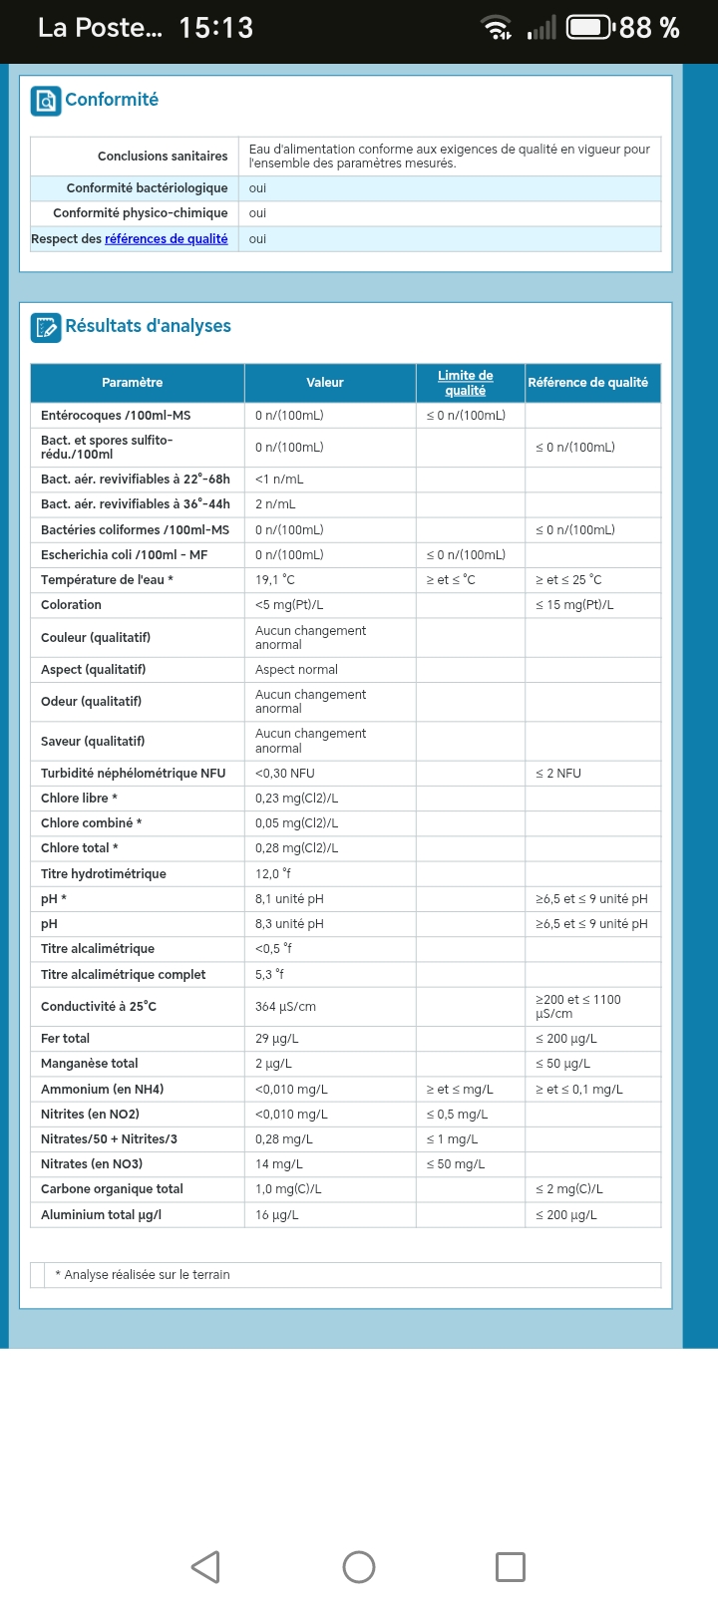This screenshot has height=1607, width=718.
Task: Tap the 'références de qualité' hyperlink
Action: [x=166, y=239]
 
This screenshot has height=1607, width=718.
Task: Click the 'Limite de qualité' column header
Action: [x=465, y=383]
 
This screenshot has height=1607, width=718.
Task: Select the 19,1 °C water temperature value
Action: [x=275, y=580]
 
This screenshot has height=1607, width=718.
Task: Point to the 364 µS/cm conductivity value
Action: [x=285, y=1007]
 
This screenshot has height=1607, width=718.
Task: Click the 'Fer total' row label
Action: [x=65, y=1039]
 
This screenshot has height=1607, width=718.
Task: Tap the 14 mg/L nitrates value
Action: [x=278, y=1164]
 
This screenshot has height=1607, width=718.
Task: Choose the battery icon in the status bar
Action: [x=589, y=28]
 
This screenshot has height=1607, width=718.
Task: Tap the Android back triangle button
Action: [x=205, y=1566]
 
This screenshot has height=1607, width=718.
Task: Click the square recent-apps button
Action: [x=511, y=1566]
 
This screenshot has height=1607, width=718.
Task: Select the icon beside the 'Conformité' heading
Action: [x=46, y=101]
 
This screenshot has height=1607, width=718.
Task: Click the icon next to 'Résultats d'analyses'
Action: [x=46, y=327]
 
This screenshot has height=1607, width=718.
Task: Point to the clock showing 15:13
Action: [x=215, y=28]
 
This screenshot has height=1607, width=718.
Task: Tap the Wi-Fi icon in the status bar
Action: [x=497, y=28]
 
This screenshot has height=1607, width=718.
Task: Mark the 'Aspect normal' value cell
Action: [x=296, y=670]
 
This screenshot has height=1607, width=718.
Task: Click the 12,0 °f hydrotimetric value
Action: [x=273, y=874]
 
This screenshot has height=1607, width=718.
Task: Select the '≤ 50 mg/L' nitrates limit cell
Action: [x=456, y=1164]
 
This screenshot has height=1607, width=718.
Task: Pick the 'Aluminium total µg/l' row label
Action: [x=101, y=1215]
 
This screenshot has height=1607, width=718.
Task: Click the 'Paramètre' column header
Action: [x=132, y=383]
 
